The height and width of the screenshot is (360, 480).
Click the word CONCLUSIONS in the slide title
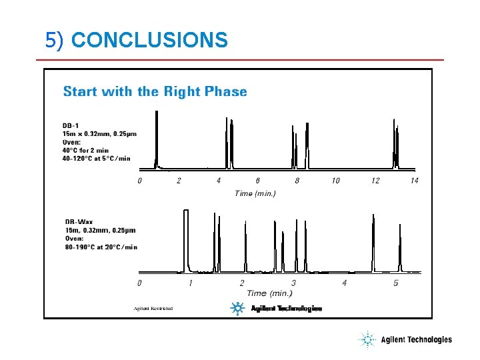(x=149, y=41)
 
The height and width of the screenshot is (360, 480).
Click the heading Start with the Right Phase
(x=155, y=91)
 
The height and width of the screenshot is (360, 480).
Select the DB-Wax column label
(x=79, y=222)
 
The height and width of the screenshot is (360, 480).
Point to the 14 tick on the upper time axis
(x=414, y=181)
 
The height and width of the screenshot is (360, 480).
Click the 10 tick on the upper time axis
(x=335, y=181)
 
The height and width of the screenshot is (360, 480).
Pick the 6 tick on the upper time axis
(x=258, y=181)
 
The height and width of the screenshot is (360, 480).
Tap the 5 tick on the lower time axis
(x=395, y=283)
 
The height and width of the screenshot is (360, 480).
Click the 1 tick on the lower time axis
(x=191, y=283)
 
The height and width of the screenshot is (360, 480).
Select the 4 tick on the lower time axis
(x=344, y=283)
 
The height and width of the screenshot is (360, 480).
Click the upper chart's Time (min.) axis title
(x=255, y=193)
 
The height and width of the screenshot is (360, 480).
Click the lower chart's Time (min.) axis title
(x=269, y=293)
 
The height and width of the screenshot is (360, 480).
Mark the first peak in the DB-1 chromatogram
(x=157, y=140)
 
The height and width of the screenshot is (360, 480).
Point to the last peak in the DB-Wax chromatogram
(x=400, y=247)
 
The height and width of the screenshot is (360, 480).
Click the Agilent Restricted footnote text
(x=153, y=309)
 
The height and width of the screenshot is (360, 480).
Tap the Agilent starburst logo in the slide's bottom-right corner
(x=367, y=340)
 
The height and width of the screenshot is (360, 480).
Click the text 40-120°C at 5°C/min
(x=97, y=158)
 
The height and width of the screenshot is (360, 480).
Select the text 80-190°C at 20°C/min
(x=101, y=247)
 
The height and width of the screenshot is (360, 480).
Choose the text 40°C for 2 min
(x=90, y=150)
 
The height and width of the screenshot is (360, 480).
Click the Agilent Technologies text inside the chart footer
(x=286, y=309)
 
